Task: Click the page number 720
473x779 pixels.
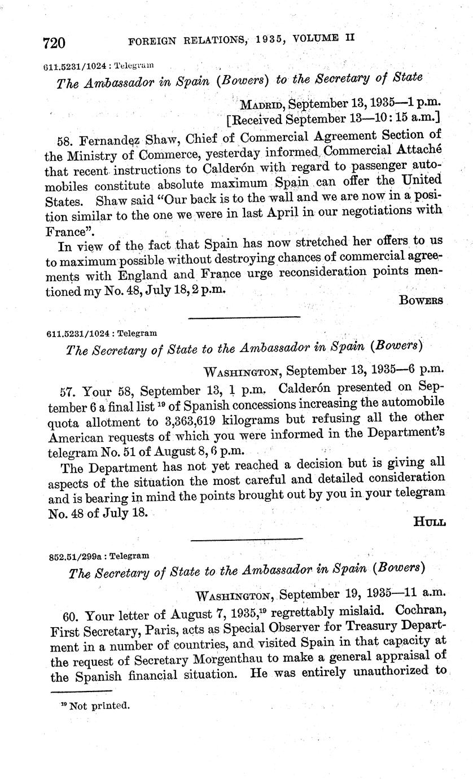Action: pos(55,43)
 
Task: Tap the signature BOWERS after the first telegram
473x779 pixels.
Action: pos(421,300)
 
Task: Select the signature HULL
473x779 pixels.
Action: pos(430,522)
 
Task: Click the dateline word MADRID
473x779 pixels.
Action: pos(261,104)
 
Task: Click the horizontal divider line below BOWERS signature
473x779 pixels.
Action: pos(244,317)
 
